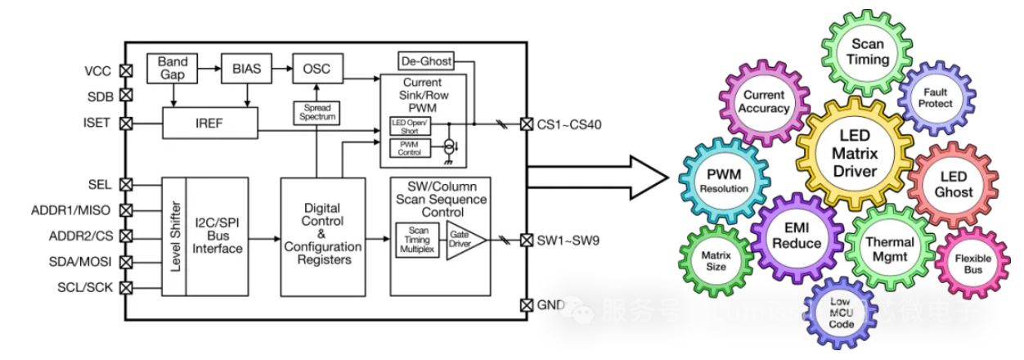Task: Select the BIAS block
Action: pos(246,69)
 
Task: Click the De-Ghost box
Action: pos(425,61)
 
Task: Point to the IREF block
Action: pos(209,125)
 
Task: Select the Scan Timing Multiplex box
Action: pos(417,241)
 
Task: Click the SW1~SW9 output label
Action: pos(574,240)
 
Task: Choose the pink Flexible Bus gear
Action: pos(972,262)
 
